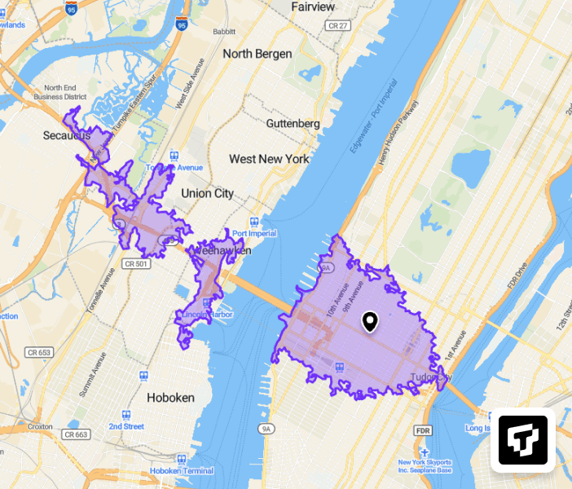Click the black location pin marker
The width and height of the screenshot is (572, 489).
(370, 322)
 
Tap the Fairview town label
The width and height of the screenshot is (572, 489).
(313, 7)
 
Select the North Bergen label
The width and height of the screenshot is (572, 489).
(257, 54)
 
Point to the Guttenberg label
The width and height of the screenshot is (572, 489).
(293, 123)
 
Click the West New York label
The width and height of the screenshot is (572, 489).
(269, 159)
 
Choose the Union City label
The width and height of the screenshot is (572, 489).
(207, 193)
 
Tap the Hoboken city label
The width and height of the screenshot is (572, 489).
(170, 398)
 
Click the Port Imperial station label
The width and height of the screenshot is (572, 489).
(254, 233)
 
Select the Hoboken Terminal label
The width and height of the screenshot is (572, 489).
(182, 471)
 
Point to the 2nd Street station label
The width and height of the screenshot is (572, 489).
(126, 426)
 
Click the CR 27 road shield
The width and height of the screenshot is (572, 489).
(337, 26)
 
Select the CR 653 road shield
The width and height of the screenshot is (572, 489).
(38, 352)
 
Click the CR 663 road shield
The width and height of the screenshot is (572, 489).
(76, 434)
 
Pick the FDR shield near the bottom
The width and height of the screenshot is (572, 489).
(422, 430)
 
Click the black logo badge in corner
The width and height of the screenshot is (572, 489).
(522, 440)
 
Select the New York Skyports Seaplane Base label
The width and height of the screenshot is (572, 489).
(425, 465)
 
